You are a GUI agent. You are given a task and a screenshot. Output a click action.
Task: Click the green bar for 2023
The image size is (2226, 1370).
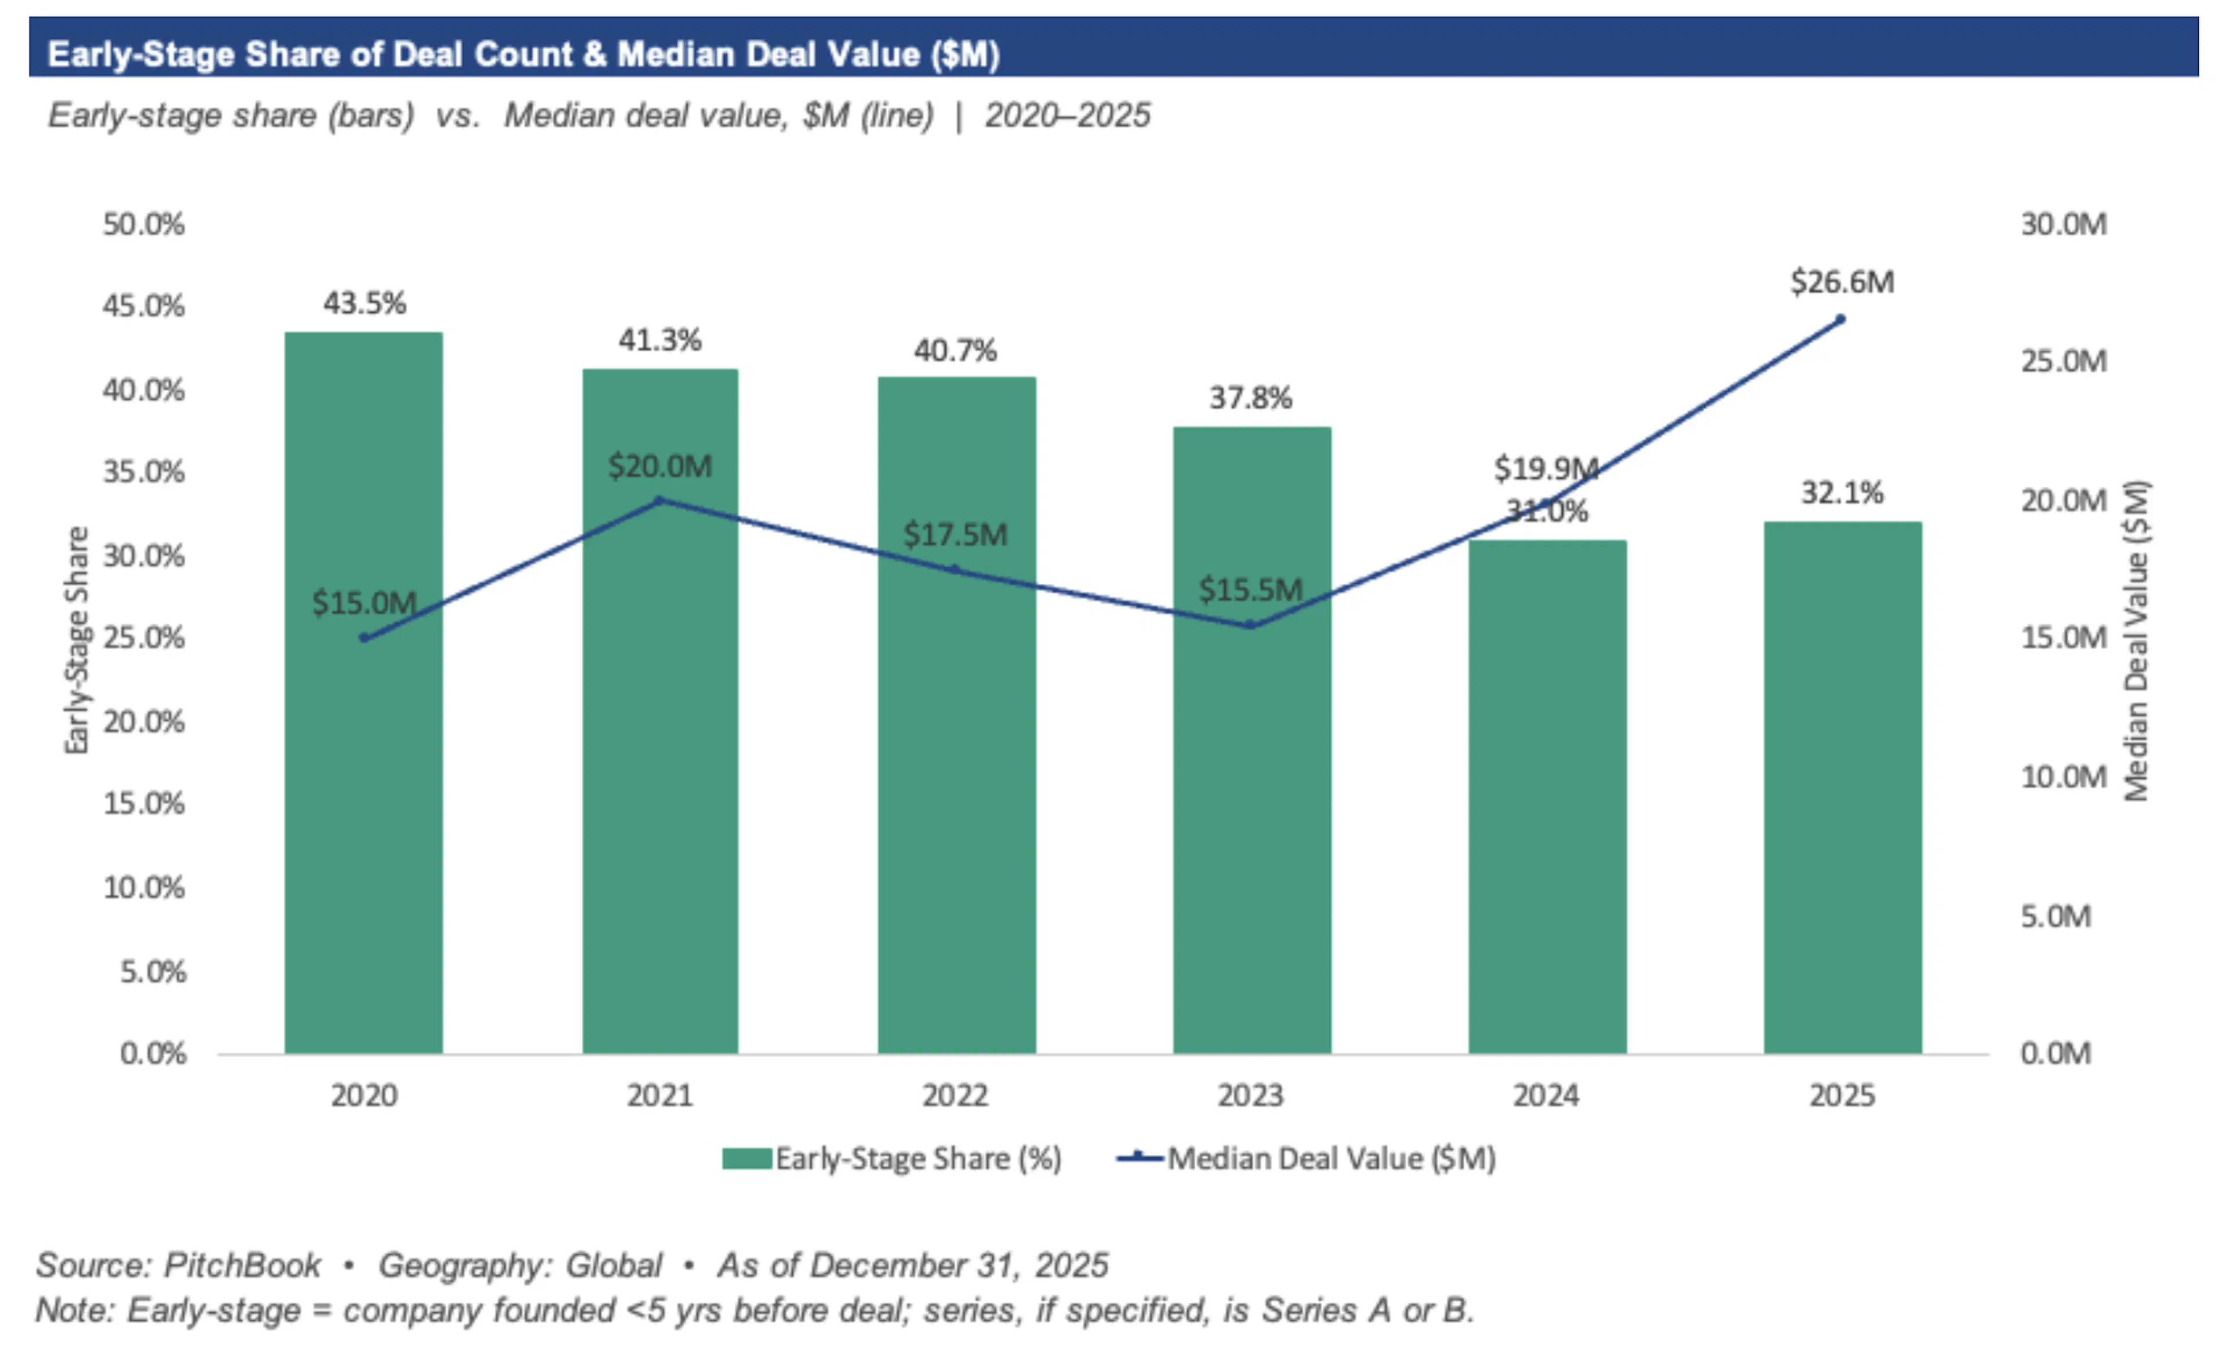(1252, 815)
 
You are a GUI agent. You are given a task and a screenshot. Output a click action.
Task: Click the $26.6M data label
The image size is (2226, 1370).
(1842, 282)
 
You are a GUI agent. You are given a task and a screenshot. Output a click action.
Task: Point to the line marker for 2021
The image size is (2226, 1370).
(659, 500)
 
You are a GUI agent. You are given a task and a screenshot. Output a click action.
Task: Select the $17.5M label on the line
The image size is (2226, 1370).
(955, 534)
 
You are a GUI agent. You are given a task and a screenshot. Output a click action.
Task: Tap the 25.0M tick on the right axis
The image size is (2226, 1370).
(2063, 362)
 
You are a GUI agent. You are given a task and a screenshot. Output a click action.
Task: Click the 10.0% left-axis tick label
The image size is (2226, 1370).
(143, 887)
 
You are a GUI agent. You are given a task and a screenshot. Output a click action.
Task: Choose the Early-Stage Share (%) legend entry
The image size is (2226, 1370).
(892, 1159)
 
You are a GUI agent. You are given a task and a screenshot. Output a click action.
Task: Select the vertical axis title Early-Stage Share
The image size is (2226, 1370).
(77, 640)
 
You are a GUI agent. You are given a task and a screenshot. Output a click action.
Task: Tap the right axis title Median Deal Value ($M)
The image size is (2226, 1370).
(2136, 640)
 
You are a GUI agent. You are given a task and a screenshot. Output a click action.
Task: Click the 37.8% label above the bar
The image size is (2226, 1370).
(1251, 398)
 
